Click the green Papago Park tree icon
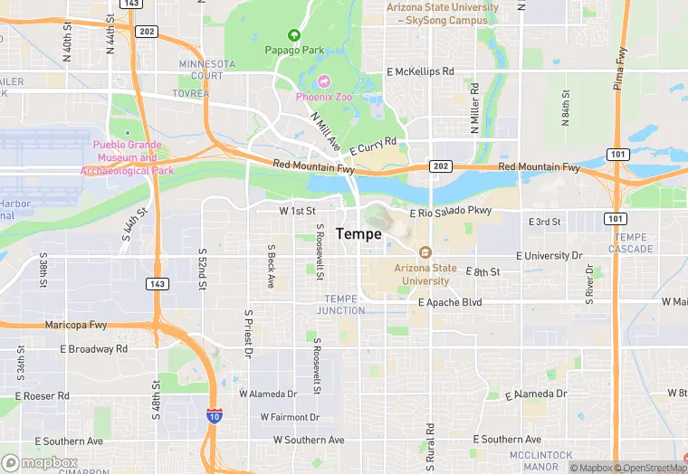(x=293, y=35)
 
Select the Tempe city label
(x=358, y=233)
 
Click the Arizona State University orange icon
(x=425, y=252)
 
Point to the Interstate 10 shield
(x=215, y=415)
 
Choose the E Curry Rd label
(x=373, y=147)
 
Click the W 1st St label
(x=297, y=211)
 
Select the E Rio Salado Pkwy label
(x=450, y=213)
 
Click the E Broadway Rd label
(x=93, y=348)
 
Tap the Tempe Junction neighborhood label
(x=341, y=305)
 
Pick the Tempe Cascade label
(x=630, y=242)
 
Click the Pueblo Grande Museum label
(x=127, y=157)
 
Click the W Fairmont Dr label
(x=290, y=417)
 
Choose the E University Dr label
(x=549, y=256)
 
